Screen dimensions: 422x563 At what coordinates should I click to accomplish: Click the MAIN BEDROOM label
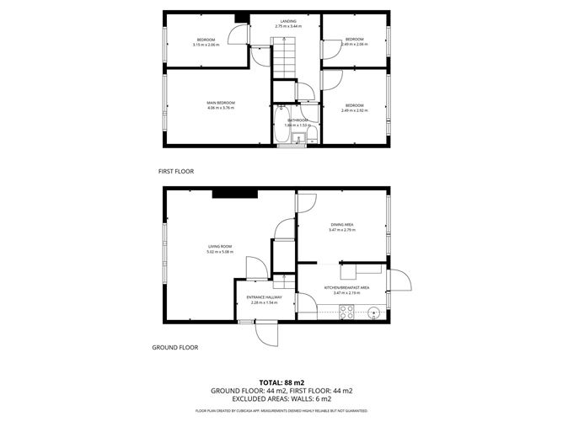coord(220,103)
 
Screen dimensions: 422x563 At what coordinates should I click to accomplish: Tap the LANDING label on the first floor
coord(287,23)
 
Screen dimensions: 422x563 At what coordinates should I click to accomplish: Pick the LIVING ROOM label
coord(220,247)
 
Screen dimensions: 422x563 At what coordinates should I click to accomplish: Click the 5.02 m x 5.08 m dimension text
coord(220,252)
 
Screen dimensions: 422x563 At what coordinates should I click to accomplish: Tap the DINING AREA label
coord(342,225)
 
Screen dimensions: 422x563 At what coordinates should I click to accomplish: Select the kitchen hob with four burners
coord(346,311)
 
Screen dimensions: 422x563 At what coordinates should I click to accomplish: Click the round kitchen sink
coord(374,314)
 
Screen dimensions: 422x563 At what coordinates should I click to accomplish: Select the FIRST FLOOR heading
coord(176,171)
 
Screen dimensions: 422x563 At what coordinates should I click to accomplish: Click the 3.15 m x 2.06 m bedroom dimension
coord(206,45)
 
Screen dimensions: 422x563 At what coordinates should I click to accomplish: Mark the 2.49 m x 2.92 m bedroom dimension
coord(354,110)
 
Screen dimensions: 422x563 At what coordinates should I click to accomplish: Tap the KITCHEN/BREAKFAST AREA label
coord(347,288)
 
